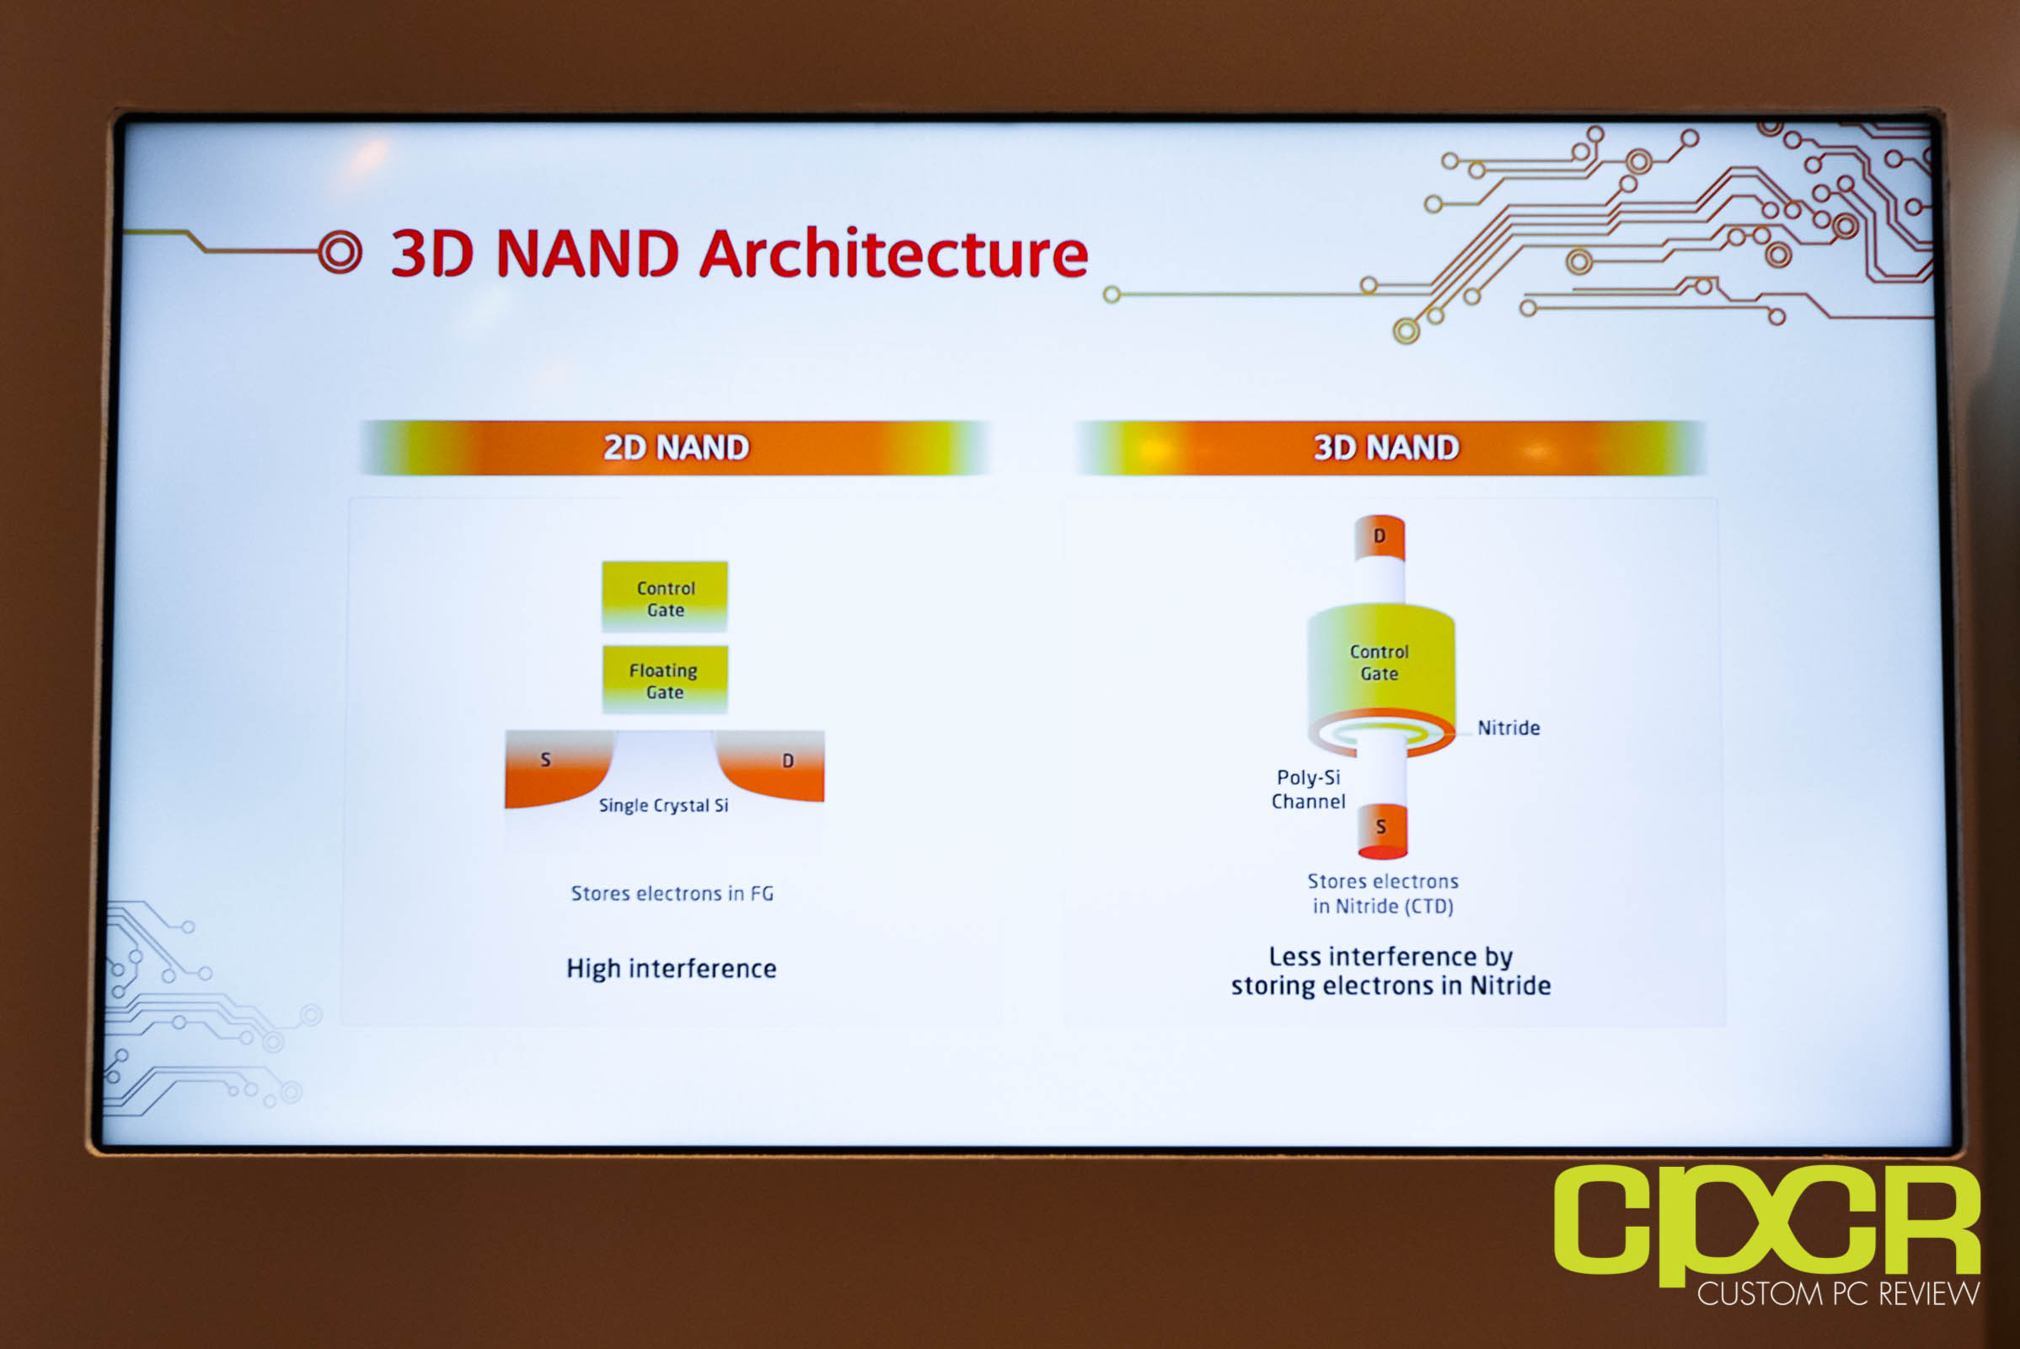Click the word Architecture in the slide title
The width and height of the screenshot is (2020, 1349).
893,254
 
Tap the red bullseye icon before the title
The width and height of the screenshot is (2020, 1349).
340,253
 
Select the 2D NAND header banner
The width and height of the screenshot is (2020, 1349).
675,448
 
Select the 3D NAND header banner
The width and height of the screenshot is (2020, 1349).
1388,448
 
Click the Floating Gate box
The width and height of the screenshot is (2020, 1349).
665,680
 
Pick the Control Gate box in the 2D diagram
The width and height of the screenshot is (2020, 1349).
665,596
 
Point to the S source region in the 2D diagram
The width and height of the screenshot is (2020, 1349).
557,768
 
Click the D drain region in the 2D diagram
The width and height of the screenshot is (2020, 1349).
773,766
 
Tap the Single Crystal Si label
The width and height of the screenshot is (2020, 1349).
663,805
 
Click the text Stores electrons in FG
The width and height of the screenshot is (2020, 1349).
672,894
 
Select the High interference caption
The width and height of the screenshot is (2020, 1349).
671,969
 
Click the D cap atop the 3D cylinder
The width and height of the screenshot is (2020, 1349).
1380,538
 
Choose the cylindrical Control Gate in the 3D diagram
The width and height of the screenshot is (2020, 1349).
1381,671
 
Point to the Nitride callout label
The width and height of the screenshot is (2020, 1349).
1508,728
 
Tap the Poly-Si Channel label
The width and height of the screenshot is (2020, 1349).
1308,789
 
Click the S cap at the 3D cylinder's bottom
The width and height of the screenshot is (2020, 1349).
1383,831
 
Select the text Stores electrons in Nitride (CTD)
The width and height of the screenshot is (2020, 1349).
1383,894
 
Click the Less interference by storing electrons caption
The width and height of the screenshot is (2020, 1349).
1390,970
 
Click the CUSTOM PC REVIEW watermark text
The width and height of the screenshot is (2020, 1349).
1839,1294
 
